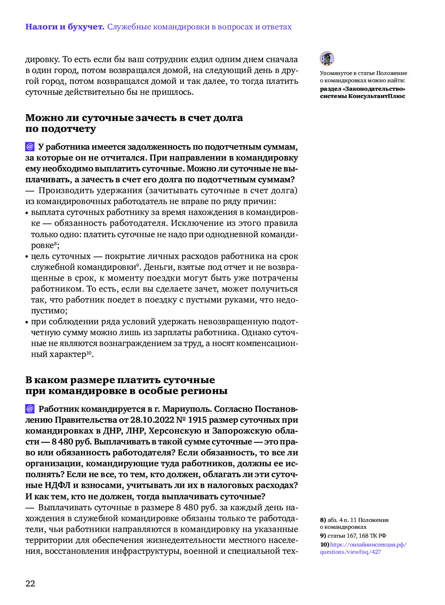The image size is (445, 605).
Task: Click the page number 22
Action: [x=30, y=584]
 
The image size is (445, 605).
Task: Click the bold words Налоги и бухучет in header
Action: [x=64, y=27]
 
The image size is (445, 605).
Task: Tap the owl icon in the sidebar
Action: [x=327, y=59]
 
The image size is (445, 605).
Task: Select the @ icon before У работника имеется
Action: [x=30, y=146]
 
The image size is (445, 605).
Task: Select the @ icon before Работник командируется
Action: [x=30, y=409]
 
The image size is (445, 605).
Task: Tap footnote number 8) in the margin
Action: [x=323, y=520]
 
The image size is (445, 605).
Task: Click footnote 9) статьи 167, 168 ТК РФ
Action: [x=353, y=536]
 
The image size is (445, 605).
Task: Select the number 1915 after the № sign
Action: [x=197, y=420]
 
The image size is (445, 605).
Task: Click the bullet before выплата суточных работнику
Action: [x=27, y=213]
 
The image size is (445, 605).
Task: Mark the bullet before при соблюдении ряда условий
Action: [x=27, y=322]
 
